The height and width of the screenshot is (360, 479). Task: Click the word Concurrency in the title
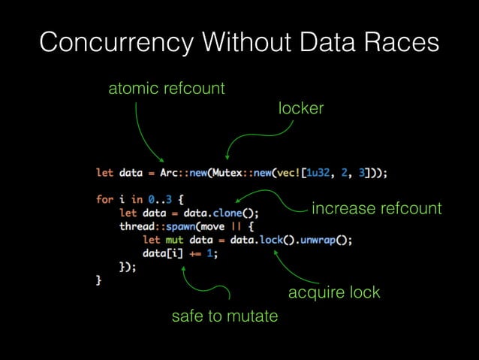(105, 43)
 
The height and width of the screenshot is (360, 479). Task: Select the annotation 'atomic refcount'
(167, 89)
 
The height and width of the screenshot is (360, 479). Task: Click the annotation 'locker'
(300, 108)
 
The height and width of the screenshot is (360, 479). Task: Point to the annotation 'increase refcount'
(376, 208)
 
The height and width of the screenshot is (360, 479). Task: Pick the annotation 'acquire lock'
(334, 292)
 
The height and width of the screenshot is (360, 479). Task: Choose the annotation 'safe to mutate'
(224, 316)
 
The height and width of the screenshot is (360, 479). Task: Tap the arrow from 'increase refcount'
(270, 198)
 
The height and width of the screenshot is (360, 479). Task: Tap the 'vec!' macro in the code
(297, 172)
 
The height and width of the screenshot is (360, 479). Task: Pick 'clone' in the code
(239, 213)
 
